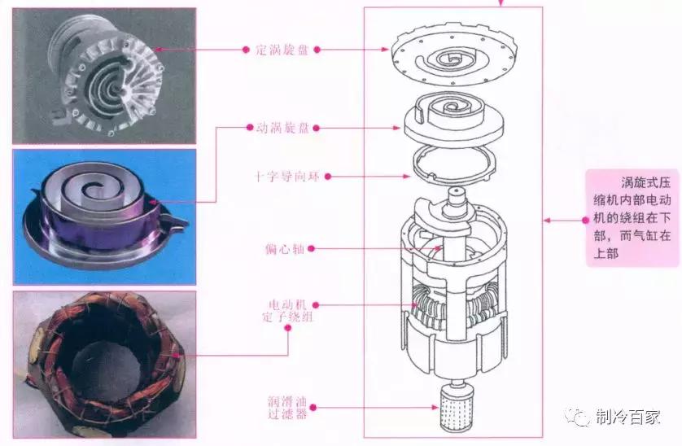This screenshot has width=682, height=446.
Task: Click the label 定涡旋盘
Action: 277,49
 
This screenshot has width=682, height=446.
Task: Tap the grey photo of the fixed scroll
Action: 104,75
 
